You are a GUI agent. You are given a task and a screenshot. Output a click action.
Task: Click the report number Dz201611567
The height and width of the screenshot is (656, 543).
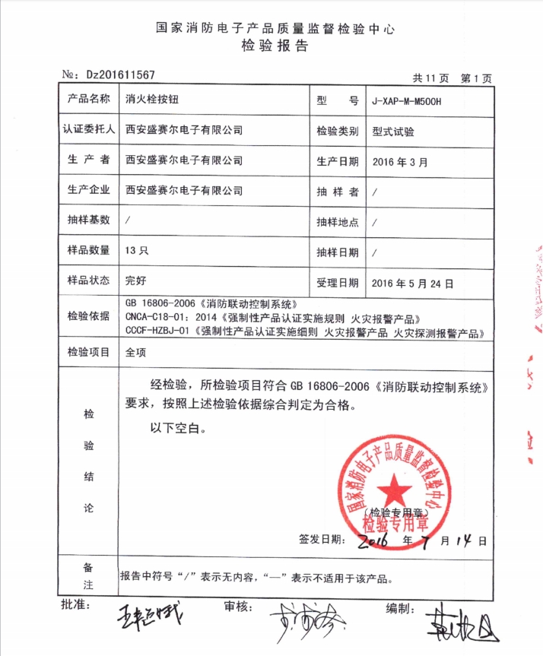(x=122, y=74)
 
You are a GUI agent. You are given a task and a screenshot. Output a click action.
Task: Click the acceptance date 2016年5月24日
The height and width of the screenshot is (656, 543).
(x=413, y=283)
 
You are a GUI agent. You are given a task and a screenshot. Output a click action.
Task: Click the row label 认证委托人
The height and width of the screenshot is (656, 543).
(x=87, y=130)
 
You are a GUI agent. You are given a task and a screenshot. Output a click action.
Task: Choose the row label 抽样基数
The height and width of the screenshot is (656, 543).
(x=89, y=220)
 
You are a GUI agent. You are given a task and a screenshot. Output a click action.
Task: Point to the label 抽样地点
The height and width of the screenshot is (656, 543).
(x=337, y=222)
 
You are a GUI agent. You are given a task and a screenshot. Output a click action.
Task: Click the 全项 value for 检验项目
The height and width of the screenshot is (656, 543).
(x=135, y=352)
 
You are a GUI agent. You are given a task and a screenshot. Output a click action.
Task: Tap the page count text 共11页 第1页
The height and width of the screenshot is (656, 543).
(x=452, y=78)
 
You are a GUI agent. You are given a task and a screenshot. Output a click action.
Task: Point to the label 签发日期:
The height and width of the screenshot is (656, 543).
(x=319, y=540)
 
